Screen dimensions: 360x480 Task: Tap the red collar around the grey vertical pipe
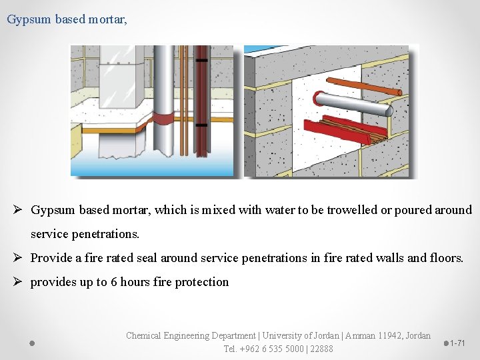click(x=163, y=119)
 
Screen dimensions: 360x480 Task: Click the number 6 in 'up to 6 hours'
click(x=114, y=282)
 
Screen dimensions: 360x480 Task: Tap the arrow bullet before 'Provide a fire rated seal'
click(x=21, y=257)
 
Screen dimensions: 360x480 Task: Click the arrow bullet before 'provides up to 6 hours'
click(x=21, y=282)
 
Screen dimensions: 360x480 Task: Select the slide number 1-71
click(x=457, y=343)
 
